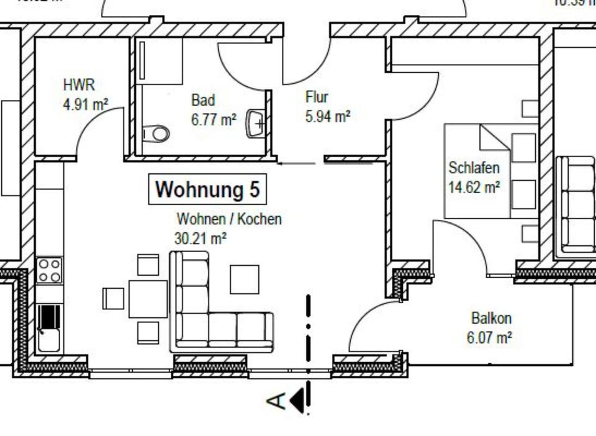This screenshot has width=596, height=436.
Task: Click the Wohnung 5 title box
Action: pyautogui.click(x=207, y=189)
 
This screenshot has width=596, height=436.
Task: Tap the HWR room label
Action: pyautogui.click(x=79, y=85)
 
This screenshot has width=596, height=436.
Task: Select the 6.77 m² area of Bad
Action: pyautogui.click(x=214, y=119)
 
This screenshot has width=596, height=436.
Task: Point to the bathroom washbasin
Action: pyautogui.click(x=256, y=123)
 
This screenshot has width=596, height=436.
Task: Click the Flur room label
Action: pyautogui.click(x=317, y=98)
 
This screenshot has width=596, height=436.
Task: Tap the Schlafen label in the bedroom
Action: pyautogui.click(x=474, y=168)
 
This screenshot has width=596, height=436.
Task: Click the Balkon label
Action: pyautogui.click(x=491, y=319)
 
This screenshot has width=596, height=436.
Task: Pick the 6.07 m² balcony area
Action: pyautogui.click(x=489, y=338)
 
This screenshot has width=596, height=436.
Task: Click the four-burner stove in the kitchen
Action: pyautogui.click(x=49, y=270)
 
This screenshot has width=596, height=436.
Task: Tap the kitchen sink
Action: pyautogui.click(x=48, y=329)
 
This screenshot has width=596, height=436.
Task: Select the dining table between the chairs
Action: pyautogui.click(x=148, y=299)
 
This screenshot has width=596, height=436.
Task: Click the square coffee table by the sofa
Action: pyautogui.click(x=245, y=279)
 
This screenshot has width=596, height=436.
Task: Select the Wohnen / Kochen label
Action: pyautogui.click(x=229, y=219)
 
